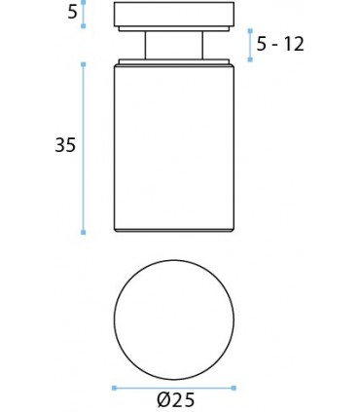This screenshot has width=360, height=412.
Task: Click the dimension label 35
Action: point(65,145)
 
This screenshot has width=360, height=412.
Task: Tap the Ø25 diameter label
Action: point(174,400)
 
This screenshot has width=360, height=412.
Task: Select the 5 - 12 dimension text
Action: point(280,44)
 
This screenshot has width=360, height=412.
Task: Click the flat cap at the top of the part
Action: point(174,16)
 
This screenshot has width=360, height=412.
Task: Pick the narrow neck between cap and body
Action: point(174,45)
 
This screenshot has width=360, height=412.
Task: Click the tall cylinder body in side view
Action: point(174,146)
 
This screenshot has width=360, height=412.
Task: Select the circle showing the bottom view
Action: point(174,320)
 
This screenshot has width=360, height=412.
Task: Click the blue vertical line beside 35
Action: point(84,146)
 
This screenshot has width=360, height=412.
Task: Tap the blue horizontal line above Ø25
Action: point(174,388)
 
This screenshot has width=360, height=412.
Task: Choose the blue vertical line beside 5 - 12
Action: point(250,45)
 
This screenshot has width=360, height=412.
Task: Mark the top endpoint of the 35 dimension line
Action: point(84,63)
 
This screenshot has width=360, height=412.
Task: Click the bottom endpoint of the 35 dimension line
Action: point(84,233)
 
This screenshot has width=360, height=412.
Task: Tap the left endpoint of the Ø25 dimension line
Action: point(114,388)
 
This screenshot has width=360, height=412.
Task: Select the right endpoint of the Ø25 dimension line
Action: point(234,388)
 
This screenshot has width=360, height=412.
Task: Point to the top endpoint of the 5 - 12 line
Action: point(250,30)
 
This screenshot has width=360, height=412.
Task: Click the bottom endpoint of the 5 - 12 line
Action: point(250,59)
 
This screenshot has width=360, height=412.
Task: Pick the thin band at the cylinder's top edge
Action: point(174,63)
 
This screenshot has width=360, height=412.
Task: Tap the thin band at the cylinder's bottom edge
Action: point(174,229)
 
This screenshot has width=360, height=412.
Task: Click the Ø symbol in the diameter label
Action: point(162,400)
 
